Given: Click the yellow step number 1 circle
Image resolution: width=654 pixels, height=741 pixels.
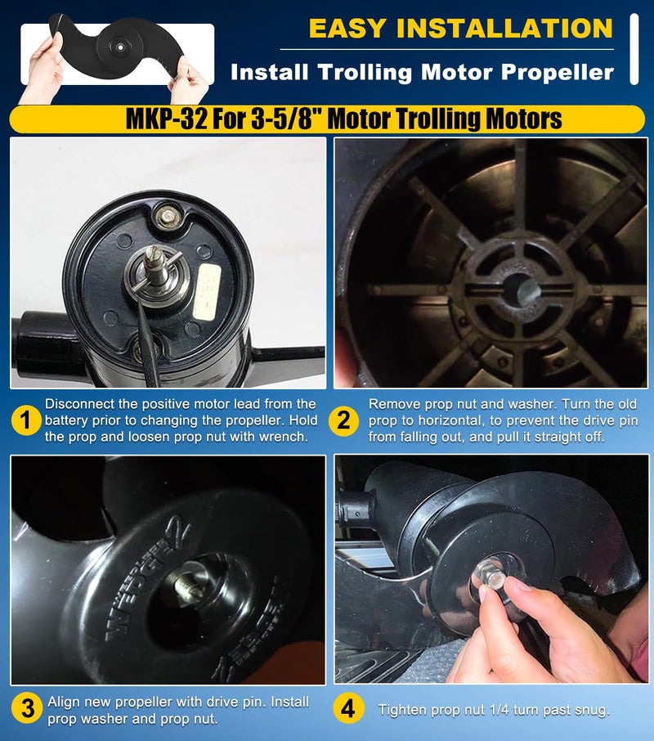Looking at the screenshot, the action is [x=25, y=420].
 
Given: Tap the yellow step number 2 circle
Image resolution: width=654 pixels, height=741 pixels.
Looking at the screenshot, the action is [x=344, y=420].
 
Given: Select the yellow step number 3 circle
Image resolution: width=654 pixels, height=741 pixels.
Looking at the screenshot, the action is [x=28, y=709].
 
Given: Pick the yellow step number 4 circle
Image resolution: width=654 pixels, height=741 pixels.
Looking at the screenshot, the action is [x=348, y=709].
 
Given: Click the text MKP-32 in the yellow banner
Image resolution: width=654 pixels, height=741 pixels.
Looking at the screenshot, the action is [x=166, y=119].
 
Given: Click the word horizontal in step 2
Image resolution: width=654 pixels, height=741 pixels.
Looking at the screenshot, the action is [x=450, y=420].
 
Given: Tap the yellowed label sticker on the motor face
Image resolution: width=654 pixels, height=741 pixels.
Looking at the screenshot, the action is [x=207, y=290].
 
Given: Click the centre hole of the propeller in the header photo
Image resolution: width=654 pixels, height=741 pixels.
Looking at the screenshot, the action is [x=120, y=47].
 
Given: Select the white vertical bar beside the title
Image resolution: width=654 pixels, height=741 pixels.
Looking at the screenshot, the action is [x=634, y=49].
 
